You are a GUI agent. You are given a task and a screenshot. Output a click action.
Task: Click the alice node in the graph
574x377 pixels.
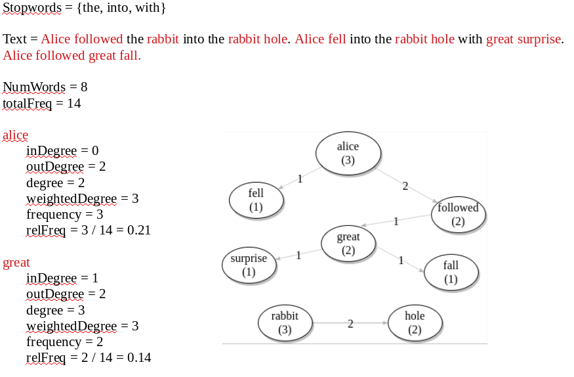(348, 153)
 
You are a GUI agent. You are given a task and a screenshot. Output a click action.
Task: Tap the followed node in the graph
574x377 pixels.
(458, 215)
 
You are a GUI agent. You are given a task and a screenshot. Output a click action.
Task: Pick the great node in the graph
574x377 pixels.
(348, 243)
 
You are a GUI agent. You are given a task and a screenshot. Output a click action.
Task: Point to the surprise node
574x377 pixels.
(249, 265)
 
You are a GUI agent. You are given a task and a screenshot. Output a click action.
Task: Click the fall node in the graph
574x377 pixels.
(451, 272)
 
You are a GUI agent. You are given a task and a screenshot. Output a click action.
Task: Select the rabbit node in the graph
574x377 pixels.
(285, 322)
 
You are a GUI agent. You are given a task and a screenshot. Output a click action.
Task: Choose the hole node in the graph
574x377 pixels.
(415, 322)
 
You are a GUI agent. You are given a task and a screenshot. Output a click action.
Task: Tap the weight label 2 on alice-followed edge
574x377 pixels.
(405, 187)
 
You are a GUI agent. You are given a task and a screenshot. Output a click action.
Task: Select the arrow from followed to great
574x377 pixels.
(397, 221)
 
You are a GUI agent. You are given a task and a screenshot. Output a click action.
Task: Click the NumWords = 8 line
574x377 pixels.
(45, 87)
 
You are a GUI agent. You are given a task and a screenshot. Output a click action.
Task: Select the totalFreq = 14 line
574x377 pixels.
(42, 103)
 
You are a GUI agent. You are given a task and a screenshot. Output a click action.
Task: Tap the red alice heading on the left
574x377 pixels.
(16, 135)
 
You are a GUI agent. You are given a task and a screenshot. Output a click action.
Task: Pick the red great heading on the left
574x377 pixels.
(16, 263)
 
